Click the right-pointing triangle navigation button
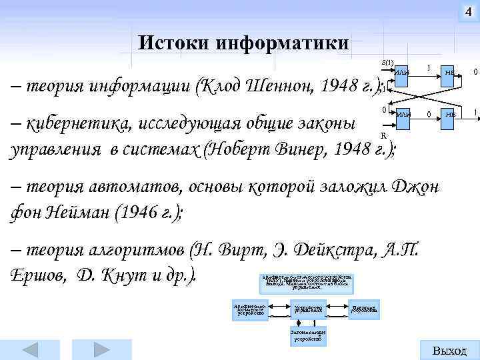tap(101, 349)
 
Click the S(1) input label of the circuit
tap(387, 62)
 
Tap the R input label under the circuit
tap(382, 136)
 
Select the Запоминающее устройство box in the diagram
tap(307, 335)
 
